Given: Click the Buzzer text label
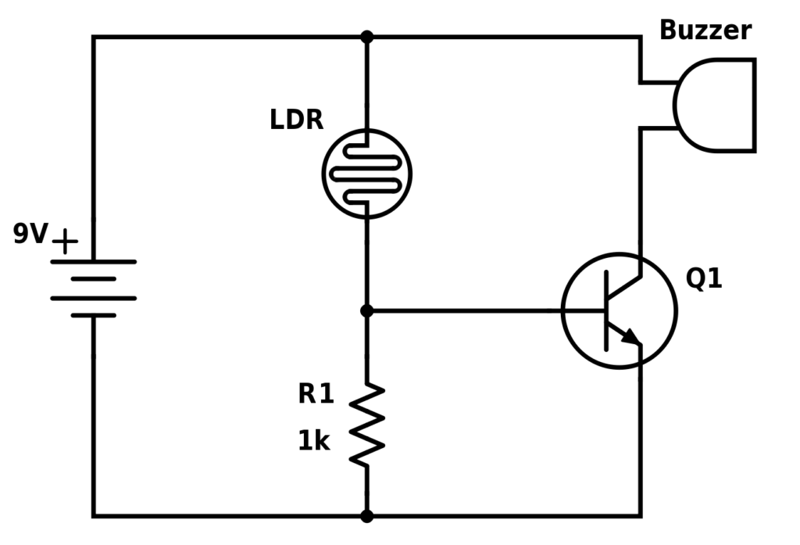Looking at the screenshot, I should [705, 30].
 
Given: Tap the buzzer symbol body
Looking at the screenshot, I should [717, 105].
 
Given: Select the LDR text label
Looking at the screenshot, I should [296, 120].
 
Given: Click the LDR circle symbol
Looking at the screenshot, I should [366, 174].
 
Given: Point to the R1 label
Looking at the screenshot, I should [316, 394].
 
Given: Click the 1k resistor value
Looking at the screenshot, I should [313, 442].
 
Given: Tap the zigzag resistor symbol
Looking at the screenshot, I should [366, 425].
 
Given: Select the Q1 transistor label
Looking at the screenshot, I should [703, 278].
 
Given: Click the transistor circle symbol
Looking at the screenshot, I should [620, 310].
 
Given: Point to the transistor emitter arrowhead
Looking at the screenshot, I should [631, 336].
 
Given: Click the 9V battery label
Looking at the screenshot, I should [30, 234].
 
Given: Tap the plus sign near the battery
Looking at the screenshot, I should [66, 242].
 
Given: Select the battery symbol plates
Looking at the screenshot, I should [94, 289].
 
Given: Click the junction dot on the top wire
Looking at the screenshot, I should [366, 37].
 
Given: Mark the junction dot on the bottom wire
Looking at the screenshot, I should [366, 516].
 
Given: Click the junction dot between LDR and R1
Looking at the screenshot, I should [366, 311].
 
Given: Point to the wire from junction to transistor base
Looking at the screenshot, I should [484, 311].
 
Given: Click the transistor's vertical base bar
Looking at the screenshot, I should [606, 310].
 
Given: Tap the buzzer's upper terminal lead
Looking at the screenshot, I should [657, 82].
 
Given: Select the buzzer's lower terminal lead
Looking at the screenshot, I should [657, 127].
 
